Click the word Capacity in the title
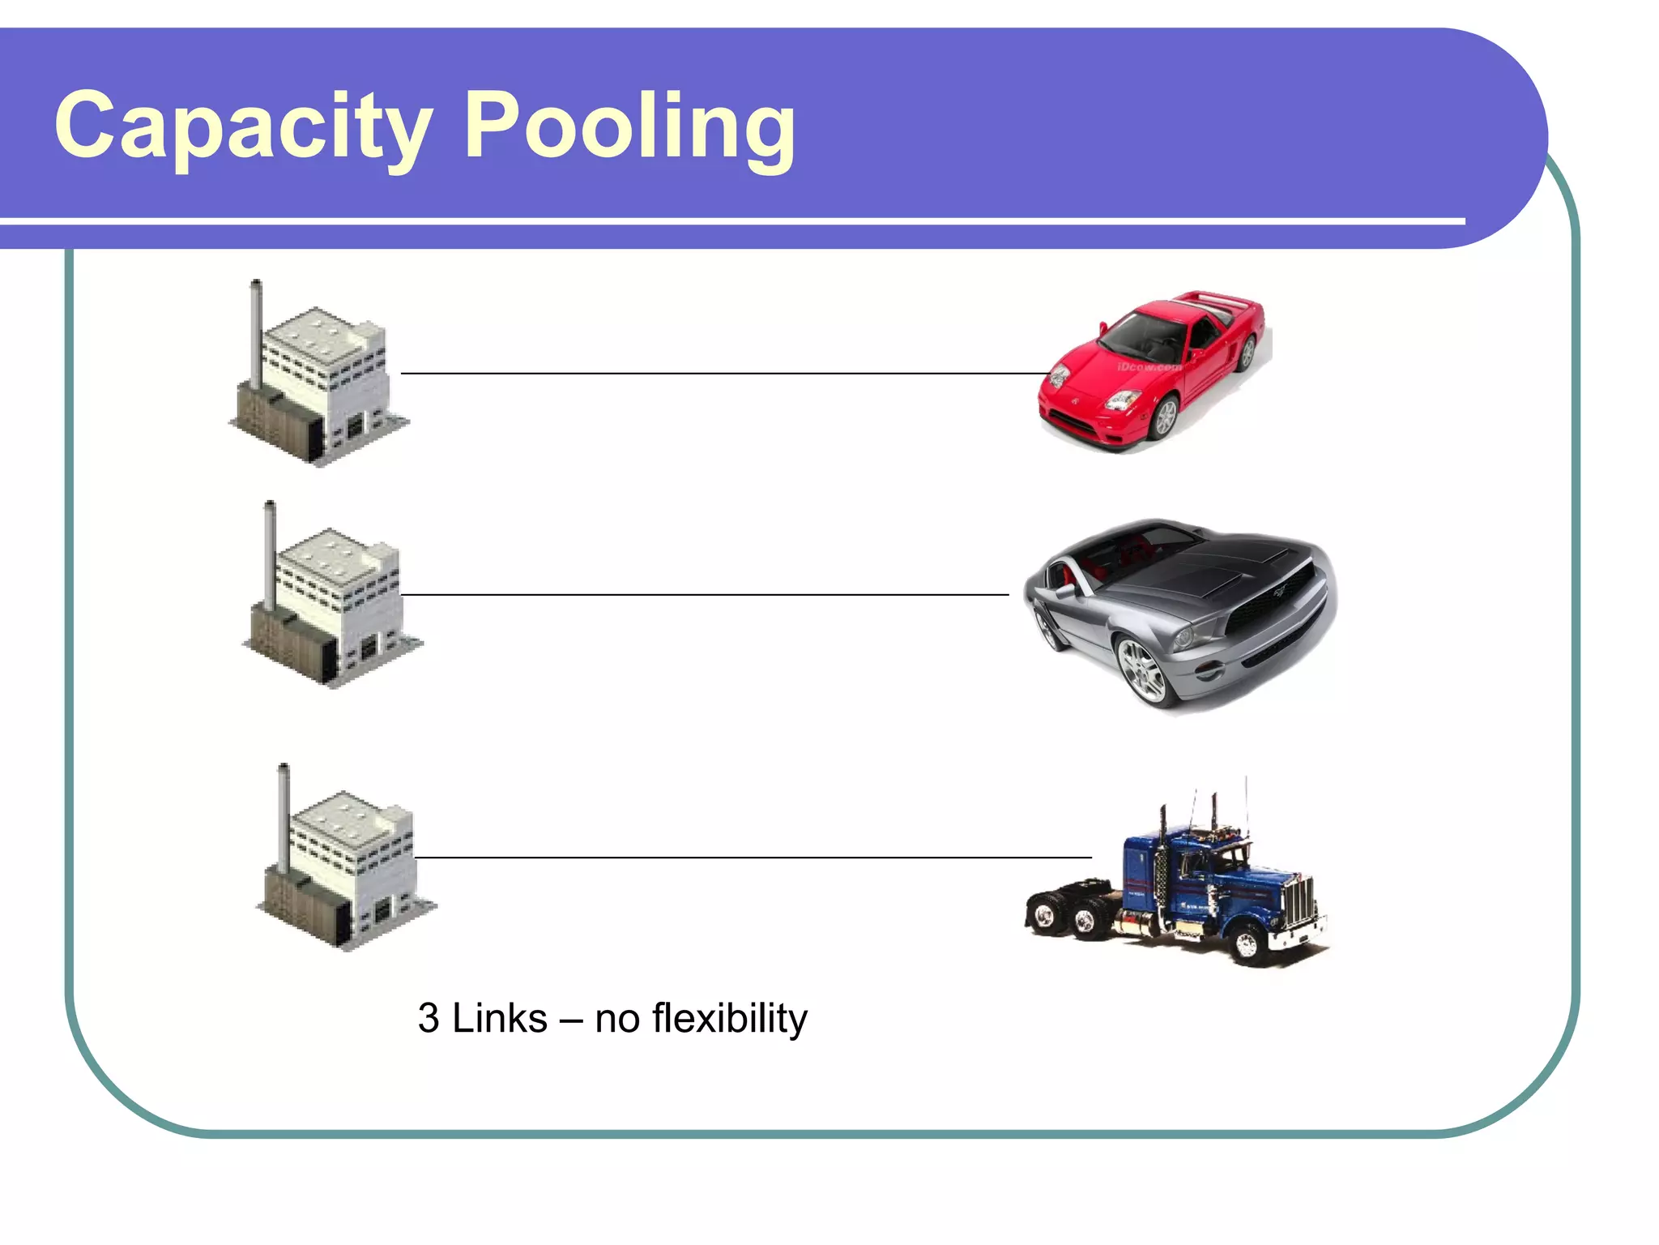243,126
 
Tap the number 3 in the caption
429,1018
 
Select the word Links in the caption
499,1018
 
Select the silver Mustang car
1179,612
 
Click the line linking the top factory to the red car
721,374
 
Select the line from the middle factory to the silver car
705,595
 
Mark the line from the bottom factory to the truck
753,857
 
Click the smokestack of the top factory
256,332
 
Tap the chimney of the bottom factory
284,815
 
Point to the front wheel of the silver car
1142,669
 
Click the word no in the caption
617,1018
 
